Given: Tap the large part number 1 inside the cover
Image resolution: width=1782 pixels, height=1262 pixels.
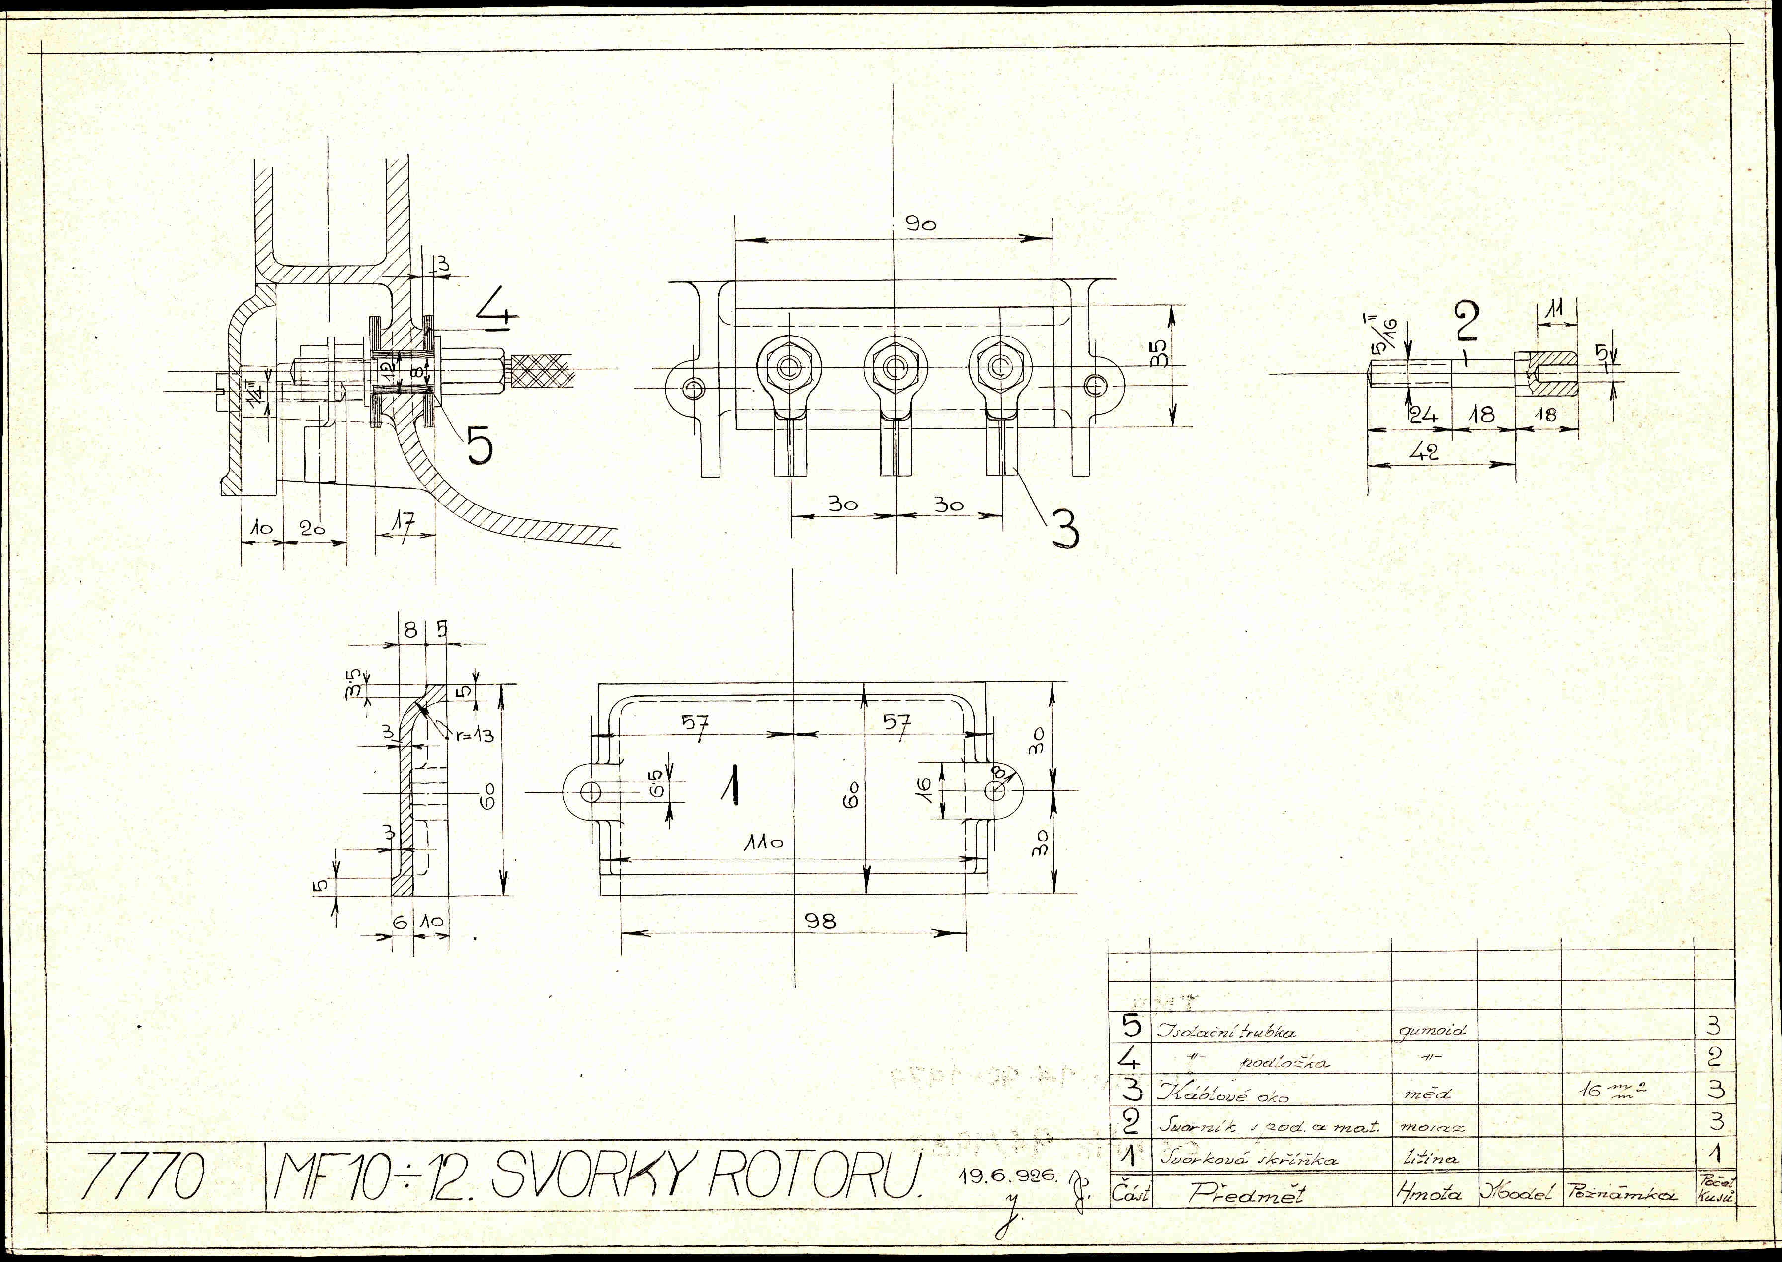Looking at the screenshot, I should (730, 785).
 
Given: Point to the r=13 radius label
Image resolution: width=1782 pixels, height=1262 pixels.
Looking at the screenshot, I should (475, 734).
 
